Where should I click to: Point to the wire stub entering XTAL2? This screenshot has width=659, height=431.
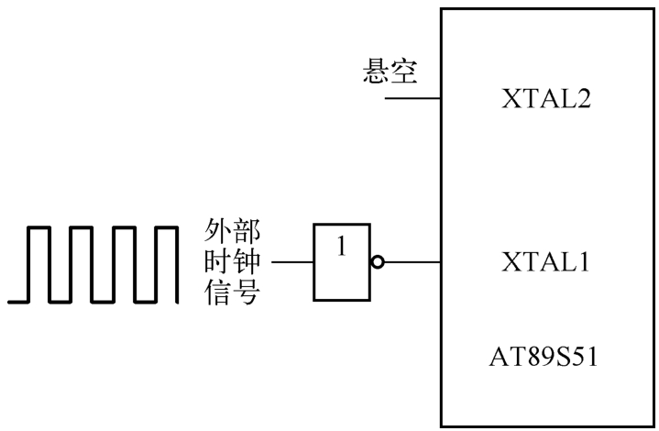tap(412, 97)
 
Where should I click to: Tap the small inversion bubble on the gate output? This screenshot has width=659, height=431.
tap(378, 264)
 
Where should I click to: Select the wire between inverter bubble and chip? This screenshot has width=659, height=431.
tap(411, 264)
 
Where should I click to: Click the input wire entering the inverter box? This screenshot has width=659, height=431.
tap(292, 264)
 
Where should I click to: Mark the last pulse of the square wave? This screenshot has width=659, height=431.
tap(165, 262)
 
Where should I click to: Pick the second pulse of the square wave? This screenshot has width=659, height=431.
tap(81, 262)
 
